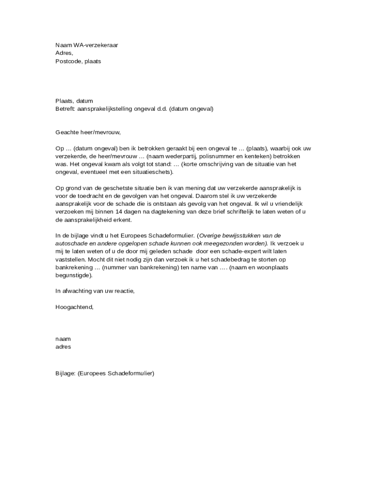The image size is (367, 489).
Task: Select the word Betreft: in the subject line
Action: [65, 108]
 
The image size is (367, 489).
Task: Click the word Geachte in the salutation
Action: [67, 132]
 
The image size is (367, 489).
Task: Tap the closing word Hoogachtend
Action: [74, 307]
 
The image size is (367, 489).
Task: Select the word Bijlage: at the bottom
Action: [65, 373]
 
